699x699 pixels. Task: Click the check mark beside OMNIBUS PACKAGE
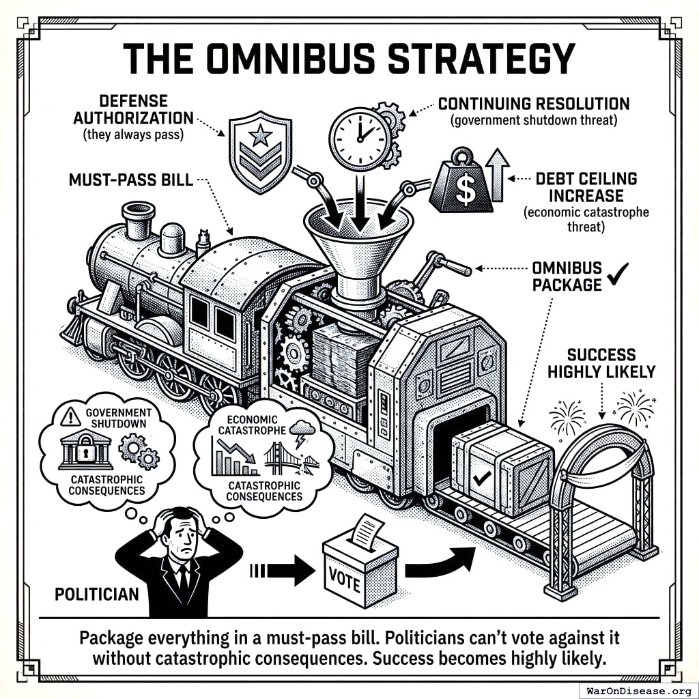point(618,276)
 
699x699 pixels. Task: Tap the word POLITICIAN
point(96,593)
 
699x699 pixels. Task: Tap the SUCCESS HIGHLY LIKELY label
point(601,363)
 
